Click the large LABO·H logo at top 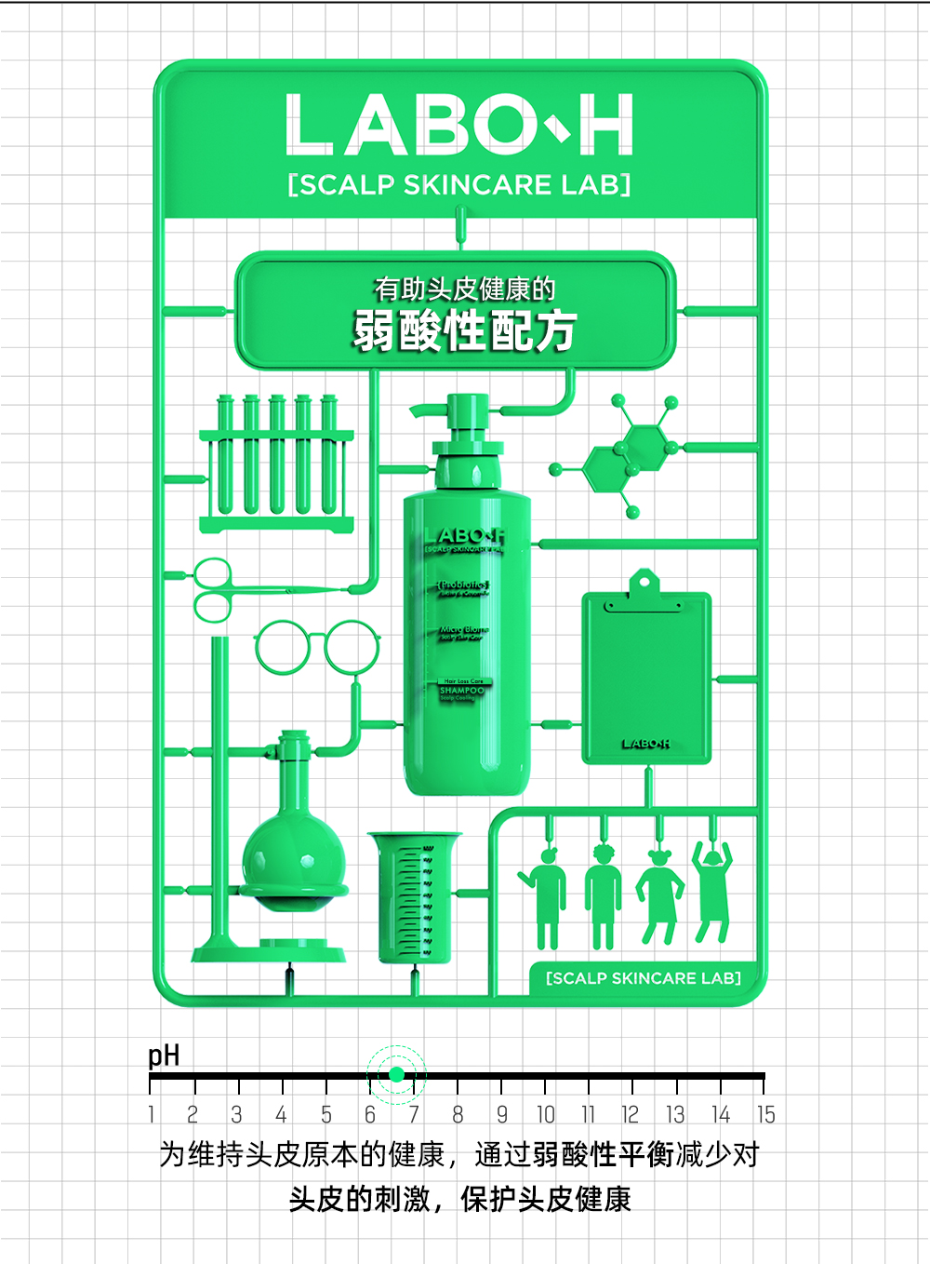point(459,125)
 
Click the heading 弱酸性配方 point(464,331)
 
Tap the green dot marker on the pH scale point(396,1074)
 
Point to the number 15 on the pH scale point(764,1114)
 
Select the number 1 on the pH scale point(152,1114)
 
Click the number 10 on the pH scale point(545,1114)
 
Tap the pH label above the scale point(164,1056)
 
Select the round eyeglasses point(317,647)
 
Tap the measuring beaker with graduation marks point(414,898)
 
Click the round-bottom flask point(294,856)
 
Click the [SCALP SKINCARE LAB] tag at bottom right point(643,978)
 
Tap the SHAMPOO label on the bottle point(461,691)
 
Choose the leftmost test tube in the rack point(225,456)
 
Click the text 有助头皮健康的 point(464,289)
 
